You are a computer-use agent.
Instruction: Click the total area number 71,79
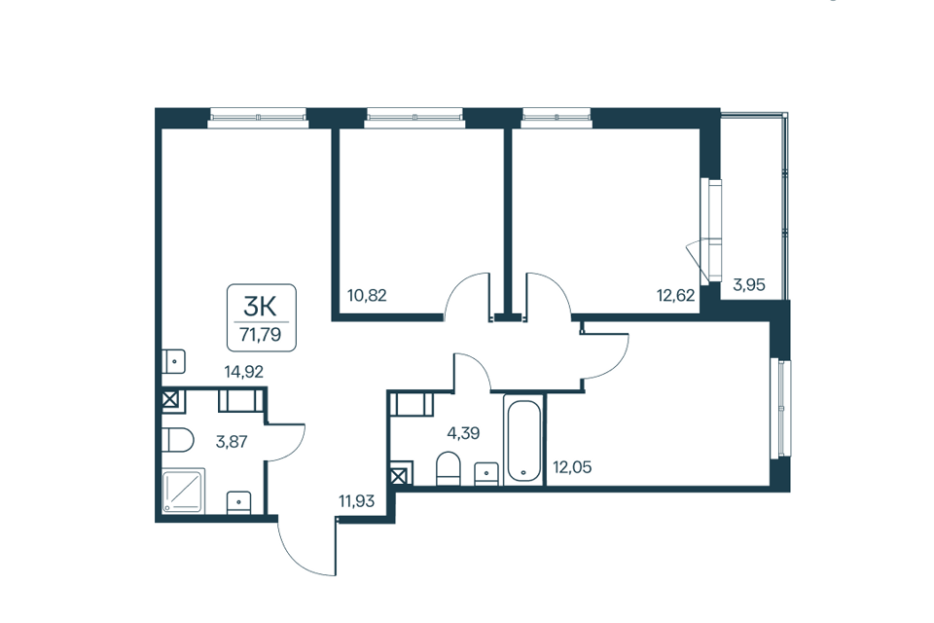261,335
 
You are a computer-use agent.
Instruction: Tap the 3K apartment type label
261,307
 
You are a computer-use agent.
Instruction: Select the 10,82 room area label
367,295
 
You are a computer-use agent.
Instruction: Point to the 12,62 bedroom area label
675,295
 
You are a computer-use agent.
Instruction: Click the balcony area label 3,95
749,284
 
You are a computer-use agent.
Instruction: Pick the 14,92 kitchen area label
243,372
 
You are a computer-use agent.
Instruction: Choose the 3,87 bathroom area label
232,442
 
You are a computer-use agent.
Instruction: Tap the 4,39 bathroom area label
463,433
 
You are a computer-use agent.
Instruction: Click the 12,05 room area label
572,467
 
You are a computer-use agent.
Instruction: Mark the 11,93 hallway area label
357,500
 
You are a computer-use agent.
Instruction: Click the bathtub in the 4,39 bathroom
523,439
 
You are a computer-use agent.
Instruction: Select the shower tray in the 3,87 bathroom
184,491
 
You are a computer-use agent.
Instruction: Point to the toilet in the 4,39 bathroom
449,468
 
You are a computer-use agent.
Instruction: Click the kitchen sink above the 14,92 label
174,361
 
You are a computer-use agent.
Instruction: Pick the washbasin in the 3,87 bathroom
239,502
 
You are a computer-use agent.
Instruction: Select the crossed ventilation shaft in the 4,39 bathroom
401,474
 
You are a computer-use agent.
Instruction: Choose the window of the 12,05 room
782,408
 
